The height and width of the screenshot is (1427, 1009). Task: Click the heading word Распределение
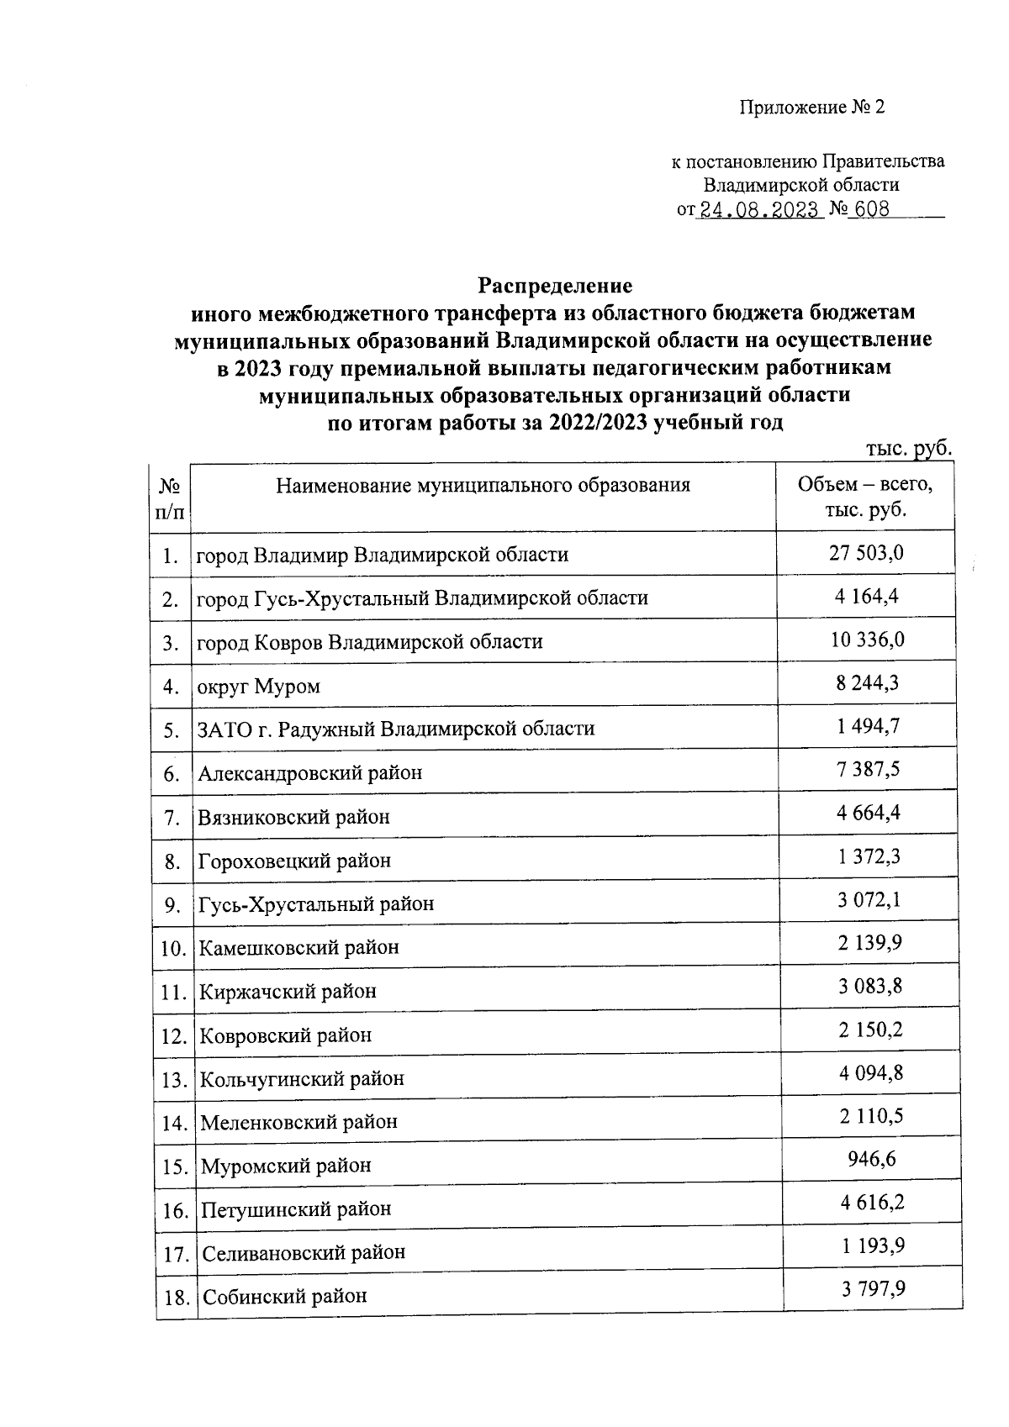pyautogui.click(x=554, y=284)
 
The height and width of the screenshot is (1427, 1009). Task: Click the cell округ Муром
pyautogui.click(x=259, y=687)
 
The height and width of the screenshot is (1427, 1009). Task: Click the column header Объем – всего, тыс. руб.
pyautogui.click(x=865, y=497)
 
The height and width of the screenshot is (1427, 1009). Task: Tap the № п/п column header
pyautogui.click(x=171, y=498)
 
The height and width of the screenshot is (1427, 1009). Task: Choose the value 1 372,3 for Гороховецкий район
pyautogui.click(x=869, y=857)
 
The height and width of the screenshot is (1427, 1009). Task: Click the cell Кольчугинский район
pyautogui.click(x=302, y=1079)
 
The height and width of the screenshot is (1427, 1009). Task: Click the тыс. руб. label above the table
pyautogui.click(x=908, y=449)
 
